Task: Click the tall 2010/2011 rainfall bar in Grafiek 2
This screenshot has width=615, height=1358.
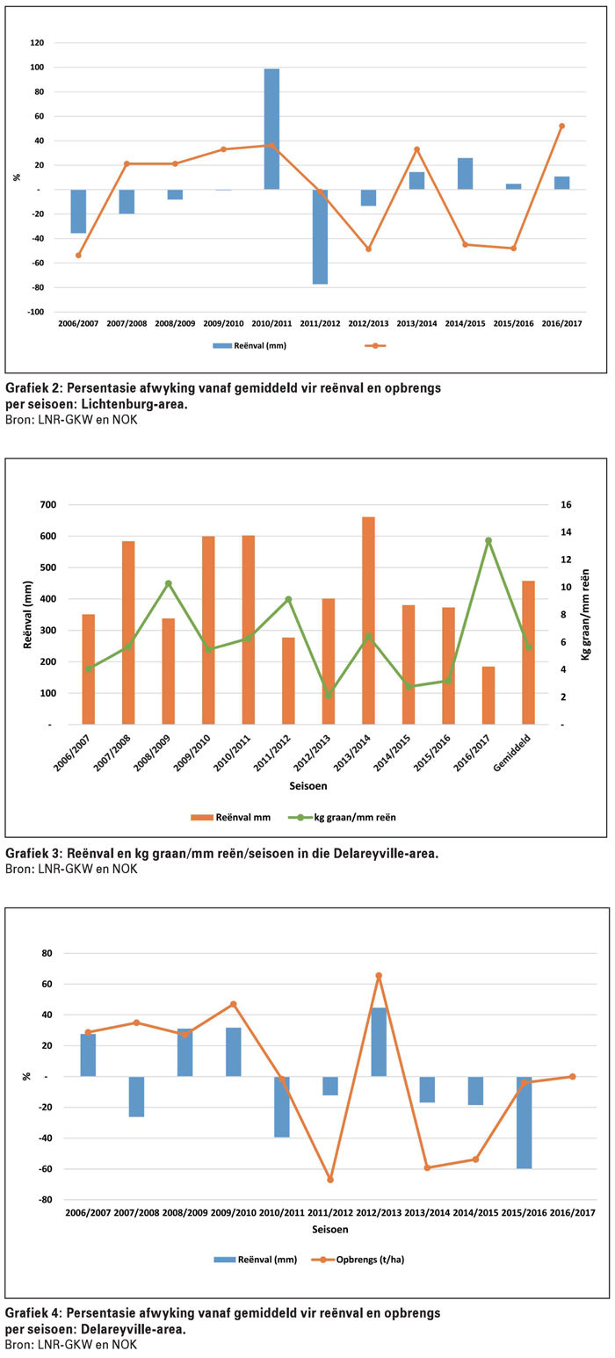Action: [x=271, y=129]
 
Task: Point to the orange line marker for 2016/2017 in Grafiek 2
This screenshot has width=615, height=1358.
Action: [x=561, y=126]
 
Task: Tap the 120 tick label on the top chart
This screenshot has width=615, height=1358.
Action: [x=37, y=43]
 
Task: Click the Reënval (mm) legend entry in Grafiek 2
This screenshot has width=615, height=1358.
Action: [x=256, y=345]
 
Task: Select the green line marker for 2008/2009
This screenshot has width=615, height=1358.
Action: [x=169, y=583]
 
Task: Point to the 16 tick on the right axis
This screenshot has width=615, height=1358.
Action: [x=567, y=505]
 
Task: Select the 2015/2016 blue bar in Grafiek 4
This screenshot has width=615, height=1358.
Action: [x=524, y=1123]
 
